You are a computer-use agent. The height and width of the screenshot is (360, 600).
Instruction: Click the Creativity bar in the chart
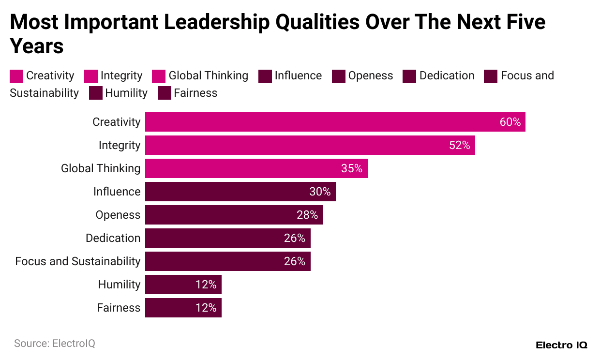tap(335, 122)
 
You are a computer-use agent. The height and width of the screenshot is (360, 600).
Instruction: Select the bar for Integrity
tap(310, 145)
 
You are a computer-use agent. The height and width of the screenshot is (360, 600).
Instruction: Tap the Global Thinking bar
tap(256, 168)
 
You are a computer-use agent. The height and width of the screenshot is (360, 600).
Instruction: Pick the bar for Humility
tap(183, 285)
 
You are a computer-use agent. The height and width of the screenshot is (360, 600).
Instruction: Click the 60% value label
tap(510, 122)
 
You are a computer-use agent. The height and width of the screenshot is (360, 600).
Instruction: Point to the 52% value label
tap(459, 145)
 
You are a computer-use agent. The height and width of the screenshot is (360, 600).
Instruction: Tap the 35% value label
tap(352, 168)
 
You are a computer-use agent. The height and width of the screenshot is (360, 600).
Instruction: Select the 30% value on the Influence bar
tap(320, 192)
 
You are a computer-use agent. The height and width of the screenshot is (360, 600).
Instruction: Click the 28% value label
tap(307, 215)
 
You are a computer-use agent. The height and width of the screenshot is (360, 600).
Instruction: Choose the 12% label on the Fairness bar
tap(206, 308)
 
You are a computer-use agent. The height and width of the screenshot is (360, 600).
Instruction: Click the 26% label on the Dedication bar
tap(295, 238)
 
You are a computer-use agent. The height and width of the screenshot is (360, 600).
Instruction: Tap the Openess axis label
tap(118, 215)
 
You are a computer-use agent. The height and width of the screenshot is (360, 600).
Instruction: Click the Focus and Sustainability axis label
tap(77, 261)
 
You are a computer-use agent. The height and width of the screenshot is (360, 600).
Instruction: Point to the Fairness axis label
tap(119, 308)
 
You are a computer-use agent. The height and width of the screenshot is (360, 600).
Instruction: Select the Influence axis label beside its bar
tap(117, 192)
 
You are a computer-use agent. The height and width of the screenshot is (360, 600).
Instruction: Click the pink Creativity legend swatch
tap(16, 76)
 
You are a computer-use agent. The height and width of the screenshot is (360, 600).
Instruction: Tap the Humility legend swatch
tap(96, 93)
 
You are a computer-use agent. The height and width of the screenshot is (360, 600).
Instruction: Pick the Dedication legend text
tap(447, 76)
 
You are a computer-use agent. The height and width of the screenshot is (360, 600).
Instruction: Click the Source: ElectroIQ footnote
tap(55, 344)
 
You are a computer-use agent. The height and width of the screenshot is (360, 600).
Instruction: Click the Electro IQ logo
tap(561, 345)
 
